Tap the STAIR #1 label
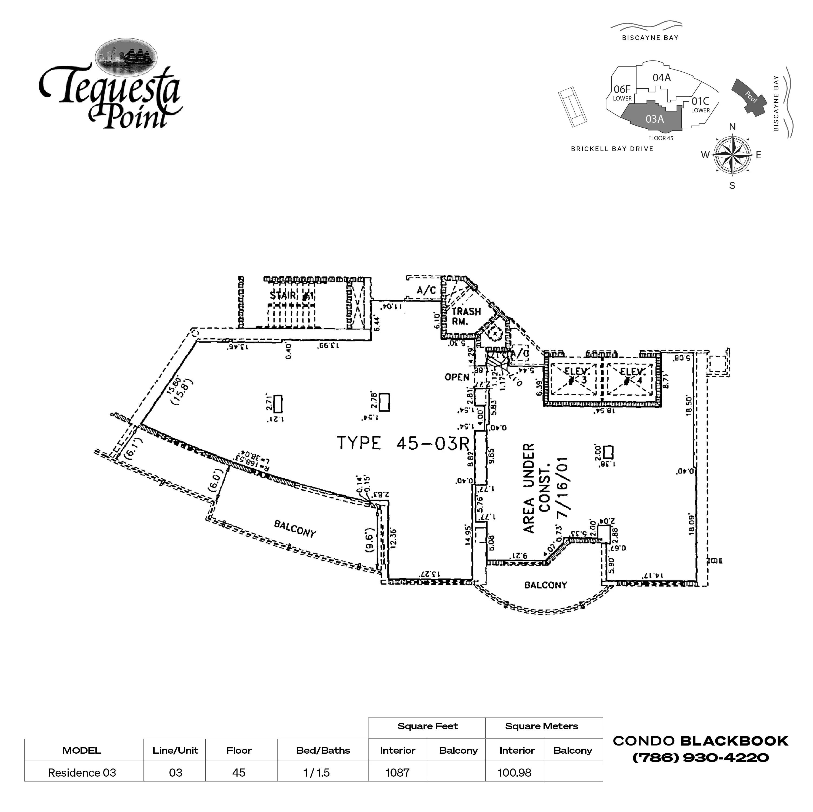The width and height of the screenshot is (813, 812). click(292, 295)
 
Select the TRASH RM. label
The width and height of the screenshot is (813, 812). click(466, 316)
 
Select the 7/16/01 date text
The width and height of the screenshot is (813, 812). click(563, 488)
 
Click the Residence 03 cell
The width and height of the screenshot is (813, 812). click(82, 773)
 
